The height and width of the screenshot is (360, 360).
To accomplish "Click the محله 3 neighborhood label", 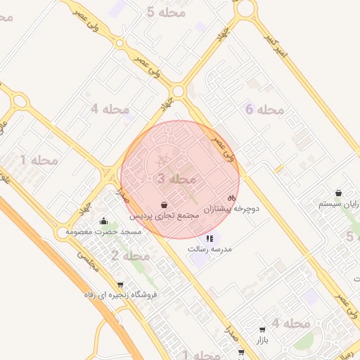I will tap(176, 179).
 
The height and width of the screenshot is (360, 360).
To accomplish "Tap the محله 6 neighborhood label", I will tap(264, 109).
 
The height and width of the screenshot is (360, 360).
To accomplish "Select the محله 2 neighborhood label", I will tap(130, 255).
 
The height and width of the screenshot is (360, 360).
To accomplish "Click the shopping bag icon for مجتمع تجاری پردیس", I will tap(164, 205).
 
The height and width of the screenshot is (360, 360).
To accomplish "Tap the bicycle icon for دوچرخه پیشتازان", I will tap(231, 198).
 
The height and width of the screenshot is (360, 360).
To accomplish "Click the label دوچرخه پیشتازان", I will tap(233, 209).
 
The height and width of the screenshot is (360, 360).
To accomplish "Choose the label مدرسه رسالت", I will tap(210, 249).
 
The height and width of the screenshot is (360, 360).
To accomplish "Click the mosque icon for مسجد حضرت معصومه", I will tap(104, 221).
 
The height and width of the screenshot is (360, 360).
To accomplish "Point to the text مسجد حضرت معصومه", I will tap(103, 231).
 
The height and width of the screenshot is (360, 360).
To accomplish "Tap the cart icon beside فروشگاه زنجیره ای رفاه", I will tap(121, 285).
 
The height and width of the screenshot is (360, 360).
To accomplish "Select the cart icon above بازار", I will tap(262, 329).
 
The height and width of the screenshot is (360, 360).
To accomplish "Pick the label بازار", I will tap(262, 339).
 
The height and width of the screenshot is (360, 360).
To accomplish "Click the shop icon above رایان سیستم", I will tap(339, 193).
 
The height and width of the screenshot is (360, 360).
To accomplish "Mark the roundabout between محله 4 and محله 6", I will tap(178, 91).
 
